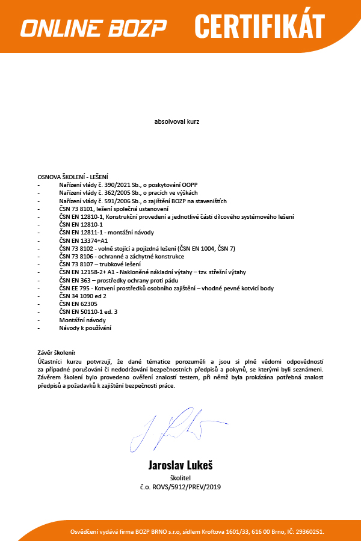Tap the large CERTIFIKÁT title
click(259, 26)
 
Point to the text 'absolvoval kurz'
click(177, 121)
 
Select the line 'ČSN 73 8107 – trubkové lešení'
click(100, 264)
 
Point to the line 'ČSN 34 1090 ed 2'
click(82, 296)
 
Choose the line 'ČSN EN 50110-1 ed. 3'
click(88, 313)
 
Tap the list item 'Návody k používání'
click(85, 329)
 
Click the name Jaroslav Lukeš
click(180, 465)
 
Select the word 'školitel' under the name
click(180, 477)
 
